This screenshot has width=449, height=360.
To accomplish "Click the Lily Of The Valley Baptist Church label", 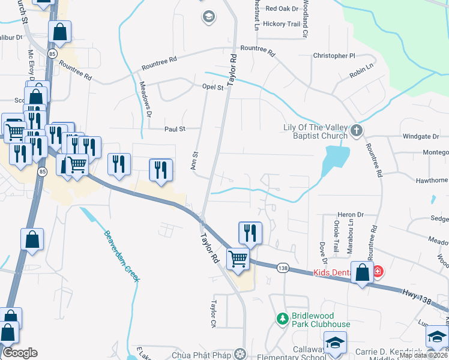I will tap(315, 131).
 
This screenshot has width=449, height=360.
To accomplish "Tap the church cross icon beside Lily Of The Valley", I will tap(357, 130).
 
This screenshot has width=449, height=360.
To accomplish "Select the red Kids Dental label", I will tap(339, 272).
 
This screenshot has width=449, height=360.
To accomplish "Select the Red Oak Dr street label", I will tap(282, 8).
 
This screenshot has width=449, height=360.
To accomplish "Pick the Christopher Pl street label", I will tap(334, 56).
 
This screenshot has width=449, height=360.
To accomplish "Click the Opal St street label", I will tap(212, 87).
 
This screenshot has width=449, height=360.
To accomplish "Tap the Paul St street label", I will tap(175, 128).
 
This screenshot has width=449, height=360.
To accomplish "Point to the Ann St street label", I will tap(194, 160).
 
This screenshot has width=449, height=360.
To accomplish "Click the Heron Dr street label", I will tap(351, 214).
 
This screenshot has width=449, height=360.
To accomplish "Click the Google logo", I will tap(20, 353).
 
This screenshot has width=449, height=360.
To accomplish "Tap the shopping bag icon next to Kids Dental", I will tap(363, 272).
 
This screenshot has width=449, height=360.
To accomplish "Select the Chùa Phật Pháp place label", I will tap(202, 355).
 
